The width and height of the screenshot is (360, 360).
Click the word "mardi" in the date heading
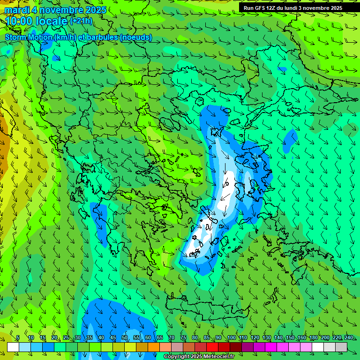point(16,10)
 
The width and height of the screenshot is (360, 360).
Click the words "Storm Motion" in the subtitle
point(29,37)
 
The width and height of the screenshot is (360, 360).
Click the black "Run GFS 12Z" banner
point(292,8)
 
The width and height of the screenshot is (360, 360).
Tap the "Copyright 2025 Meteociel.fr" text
point(199,357)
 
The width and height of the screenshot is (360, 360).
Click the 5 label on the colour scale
point(18,338)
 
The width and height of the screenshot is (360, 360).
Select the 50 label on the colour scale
point(125,338)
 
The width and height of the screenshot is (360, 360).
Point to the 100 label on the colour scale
point(231,338)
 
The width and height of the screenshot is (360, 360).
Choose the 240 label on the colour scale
point(348,338)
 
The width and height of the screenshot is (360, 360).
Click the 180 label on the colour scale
point(313,338)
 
